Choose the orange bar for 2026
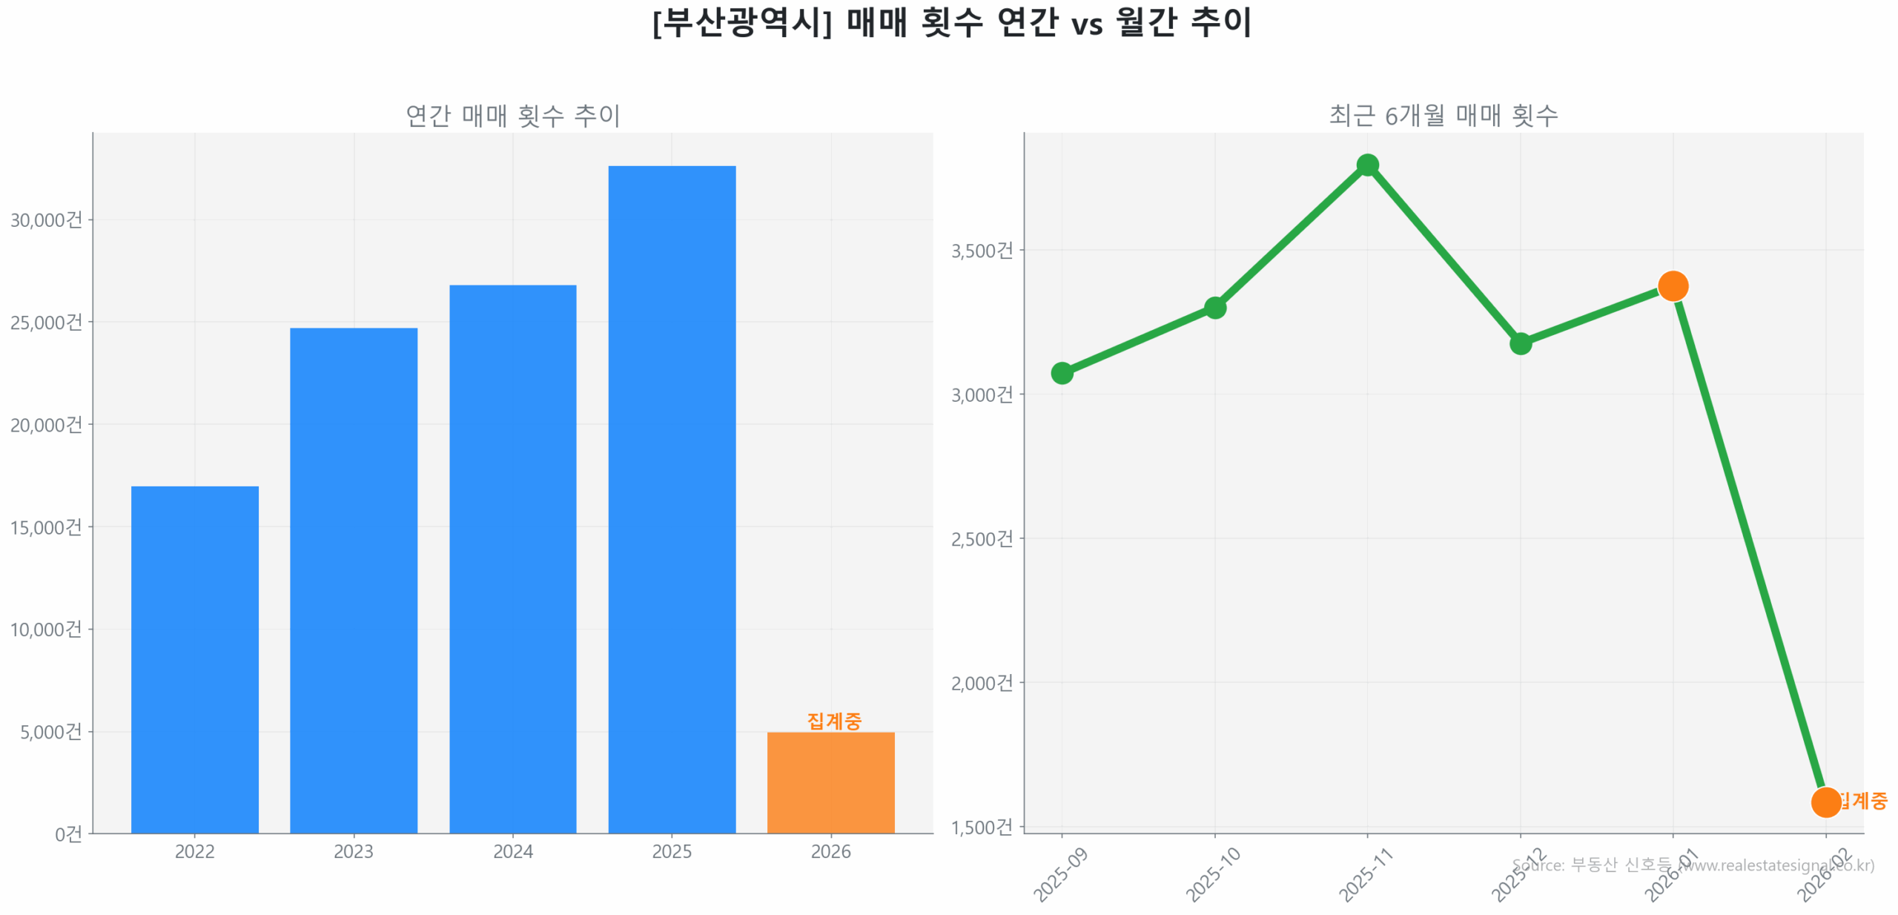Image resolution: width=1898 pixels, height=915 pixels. (x=830, y=782)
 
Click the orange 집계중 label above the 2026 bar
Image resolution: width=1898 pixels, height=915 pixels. (x=833, y=720)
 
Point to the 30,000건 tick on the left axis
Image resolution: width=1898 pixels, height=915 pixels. (x=46, y=219)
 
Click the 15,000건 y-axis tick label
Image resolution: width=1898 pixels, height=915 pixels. (x=46, y=527)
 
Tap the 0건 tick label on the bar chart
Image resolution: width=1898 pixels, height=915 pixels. (x=68, y=834)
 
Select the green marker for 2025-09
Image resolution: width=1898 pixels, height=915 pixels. (x=1062, y=373)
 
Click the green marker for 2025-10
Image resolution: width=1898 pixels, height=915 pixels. (x=1214, y=307)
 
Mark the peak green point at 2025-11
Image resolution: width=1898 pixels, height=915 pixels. (x=1367, y=165)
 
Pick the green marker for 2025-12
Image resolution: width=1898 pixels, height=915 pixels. (x=1520, y=343)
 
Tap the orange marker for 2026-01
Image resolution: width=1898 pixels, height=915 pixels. (x=1673, y=285)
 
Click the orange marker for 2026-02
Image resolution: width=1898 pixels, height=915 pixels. (x=1825, y=802)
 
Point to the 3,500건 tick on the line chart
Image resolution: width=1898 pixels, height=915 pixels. (x=982, y=251)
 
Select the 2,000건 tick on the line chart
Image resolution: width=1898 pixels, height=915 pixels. (x=982, y=683)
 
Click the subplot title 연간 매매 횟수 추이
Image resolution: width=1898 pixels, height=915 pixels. (x=512, y=116)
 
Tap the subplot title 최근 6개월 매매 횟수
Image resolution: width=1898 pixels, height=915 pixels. (x=1443, y=116)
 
